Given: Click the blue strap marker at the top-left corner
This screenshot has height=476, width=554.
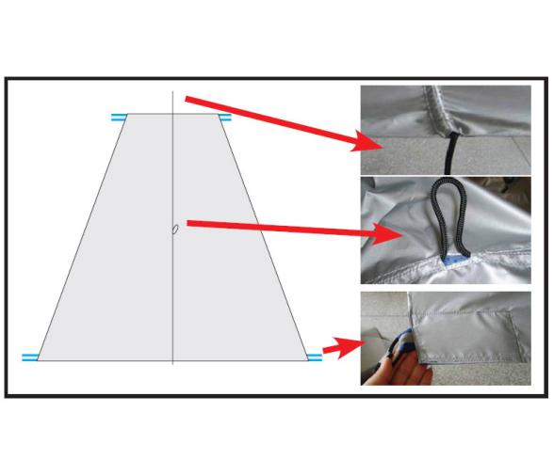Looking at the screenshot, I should (119, 118).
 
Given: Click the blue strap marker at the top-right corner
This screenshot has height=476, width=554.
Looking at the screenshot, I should (225, 118).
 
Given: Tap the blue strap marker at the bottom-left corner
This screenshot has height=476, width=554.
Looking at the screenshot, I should (30, 357).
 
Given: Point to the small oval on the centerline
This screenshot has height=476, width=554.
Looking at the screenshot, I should (173, 230).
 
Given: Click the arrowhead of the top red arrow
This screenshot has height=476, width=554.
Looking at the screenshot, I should (371, 143).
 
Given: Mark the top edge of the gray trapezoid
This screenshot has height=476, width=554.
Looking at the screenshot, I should (172, 115).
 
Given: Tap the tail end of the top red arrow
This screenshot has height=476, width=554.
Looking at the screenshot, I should (187, 98).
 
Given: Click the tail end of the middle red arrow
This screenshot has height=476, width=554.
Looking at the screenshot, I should (190, 223).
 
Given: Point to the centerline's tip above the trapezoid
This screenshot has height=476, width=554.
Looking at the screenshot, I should (172, 94).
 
